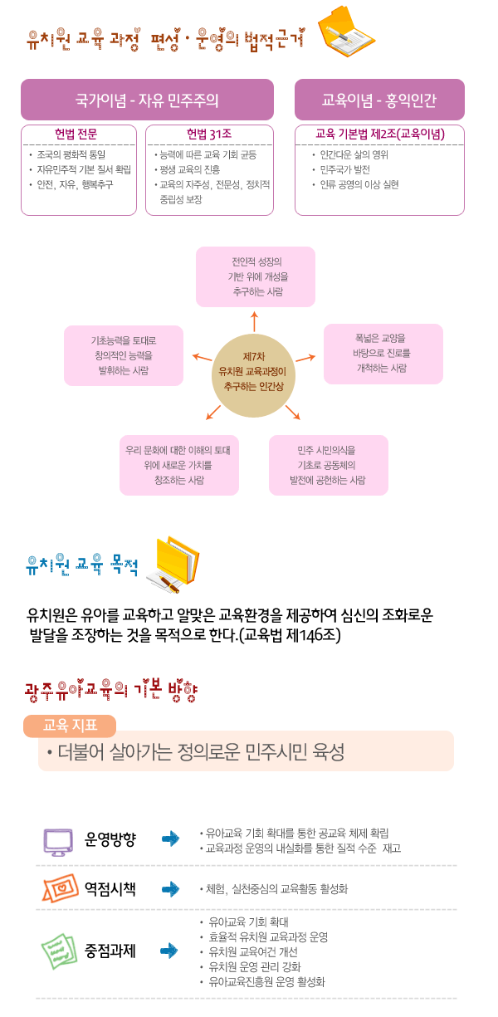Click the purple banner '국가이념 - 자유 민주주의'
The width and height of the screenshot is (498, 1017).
(x=147, y=100)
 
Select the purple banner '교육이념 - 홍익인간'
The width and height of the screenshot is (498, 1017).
(x=379, y=100)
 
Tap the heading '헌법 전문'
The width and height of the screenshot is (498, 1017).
(x=76, y=134)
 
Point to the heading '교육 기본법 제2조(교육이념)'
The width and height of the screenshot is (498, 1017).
(x=380, y=134)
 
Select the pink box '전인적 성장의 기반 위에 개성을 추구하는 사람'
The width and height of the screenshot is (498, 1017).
(x=256, y=276)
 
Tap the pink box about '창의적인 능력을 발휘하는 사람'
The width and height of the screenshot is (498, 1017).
(x=124, y=355)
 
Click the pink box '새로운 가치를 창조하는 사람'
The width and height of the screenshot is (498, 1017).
(x=178, y=465)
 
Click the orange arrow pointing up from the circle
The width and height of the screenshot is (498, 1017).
(x=254, y=320)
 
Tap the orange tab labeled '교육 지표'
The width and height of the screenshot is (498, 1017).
(x=70, y=725)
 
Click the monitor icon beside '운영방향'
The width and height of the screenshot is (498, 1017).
(x=58, y=840)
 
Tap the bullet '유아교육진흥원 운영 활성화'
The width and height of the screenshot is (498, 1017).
(x=267, y=981)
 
